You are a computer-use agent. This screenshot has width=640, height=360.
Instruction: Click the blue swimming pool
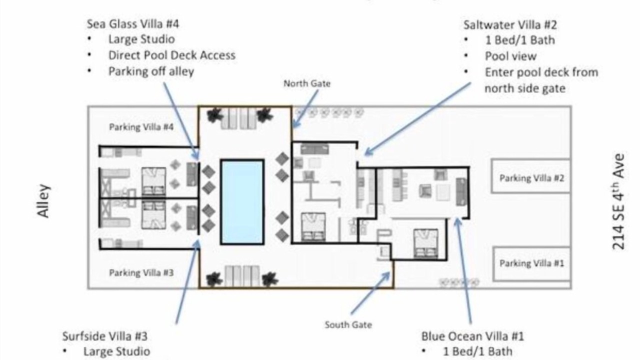click(242, 202)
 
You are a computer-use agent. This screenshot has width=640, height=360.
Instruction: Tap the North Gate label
click(307, 83)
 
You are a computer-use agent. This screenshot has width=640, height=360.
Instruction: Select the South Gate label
click(348, 325)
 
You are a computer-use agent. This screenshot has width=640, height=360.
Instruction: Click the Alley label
click(43, 201)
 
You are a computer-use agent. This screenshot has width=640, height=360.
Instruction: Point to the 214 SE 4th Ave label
click(618, 201)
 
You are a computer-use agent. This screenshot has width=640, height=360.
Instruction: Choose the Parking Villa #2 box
click(530, 176)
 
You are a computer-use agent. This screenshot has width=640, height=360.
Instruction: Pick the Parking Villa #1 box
click(531, 263)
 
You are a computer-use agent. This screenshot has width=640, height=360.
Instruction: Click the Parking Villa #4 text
click(141, 127)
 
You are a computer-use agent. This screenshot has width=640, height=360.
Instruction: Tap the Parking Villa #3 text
click(141, 273)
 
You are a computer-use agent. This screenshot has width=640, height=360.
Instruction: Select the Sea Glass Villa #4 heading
click(133, 24)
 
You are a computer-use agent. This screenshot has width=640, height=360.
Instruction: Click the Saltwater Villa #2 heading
click(510, 25)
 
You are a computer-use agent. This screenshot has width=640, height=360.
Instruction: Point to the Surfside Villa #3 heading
click(105, 336)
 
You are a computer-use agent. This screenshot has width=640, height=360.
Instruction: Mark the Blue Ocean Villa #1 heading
click(472, 336)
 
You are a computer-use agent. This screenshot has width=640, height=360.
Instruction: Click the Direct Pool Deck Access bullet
click(172, 55)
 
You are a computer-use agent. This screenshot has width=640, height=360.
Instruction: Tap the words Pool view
click(511, 56)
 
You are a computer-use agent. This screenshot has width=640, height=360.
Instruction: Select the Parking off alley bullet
click(151, 71)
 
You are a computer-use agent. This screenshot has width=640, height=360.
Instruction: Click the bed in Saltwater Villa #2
click(313, 227)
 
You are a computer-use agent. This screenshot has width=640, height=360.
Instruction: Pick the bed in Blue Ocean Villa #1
click(425, 243)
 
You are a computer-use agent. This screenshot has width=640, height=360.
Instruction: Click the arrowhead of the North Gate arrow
click(295, 124)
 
